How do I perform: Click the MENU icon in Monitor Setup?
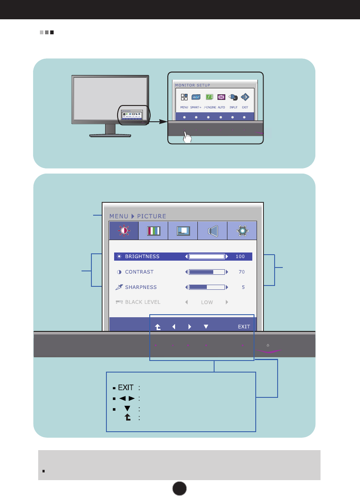point(184,97)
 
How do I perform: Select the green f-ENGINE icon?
point(209,97)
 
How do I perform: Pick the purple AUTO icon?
point(221,97)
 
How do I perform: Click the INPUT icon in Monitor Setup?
point(233,97)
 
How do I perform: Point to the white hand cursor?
point(187,137)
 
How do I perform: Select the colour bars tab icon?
point(154,231)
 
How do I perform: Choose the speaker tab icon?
point(212,231)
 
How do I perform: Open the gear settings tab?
point(242,231)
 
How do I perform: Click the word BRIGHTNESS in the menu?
point(142,256)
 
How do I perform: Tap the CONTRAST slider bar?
point(207,272)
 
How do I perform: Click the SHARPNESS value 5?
point(243,287)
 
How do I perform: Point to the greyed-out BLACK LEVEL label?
point(142,302)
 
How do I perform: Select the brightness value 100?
point(240,256)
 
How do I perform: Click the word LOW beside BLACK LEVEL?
point(207,302)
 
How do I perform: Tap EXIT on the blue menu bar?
point(244,327)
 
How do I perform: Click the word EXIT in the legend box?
point(126,388)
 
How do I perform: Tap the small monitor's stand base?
point(110,135)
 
